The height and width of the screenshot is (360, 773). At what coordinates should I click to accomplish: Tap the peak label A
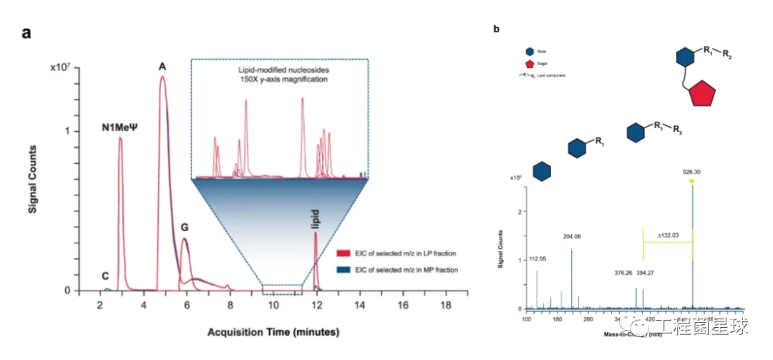tap(162, 67)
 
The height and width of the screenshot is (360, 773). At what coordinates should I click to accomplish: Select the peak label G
tap(185, 228)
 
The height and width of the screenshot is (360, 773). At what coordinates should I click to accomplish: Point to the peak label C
tap(106, 276)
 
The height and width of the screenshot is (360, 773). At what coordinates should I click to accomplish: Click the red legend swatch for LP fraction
tap(341, 253)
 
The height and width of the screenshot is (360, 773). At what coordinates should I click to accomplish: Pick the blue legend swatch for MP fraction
tap(341, 270)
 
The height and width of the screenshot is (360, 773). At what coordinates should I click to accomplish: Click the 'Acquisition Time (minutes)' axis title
tap(273, 333)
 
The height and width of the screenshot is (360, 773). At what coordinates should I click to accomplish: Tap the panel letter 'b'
tap(497, 29)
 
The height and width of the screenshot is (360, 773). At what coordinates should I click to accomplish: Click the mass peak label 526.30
tap(694, 172)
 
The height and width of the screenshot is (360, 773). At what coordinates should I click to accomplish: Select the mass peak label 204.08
tap(572, 235)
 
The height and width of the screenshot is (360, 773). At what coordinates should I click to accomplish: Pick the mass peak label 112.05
tap(538, 259)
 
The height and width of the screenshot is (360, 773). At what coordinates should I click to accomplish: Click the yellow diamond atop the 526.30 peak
tap(692, 180)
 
